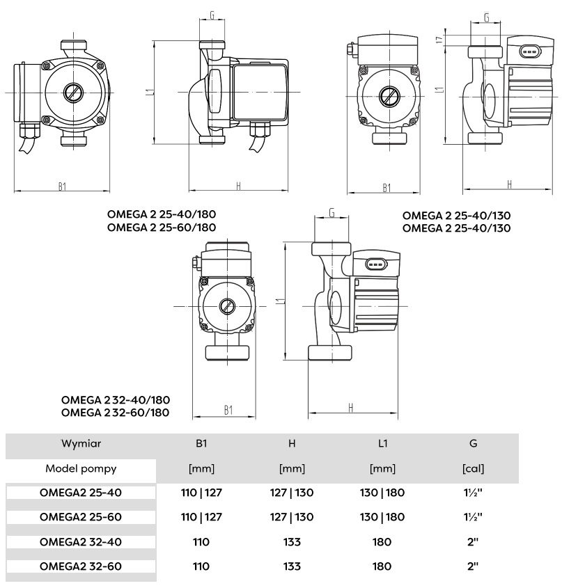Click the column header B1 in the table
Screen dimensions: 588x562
[x=201, y=443]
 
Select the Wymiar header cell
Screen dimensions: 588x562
[x=81, y=443]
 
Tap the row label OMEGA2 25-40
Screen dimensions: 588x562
[x=81, y=493]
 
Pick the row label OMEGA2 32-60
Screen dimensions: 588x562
[x=81, y=566]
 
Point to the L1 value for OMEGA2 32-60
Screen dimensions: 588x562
[x=383, y=566]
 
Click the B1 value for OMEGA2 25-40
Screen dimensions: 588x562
[x=201, y=493]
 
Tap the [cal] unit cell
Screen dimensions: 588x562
[x=474, y=468]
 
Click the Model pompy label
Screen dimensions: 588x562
[x=81, y=468]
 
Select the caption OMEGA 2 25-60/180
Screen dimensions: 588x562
[x=162, y=228]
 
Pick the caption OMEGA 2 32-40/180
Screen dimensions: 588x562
[x=116, y=400]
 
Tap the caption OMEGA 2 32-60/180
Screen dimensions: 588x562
[x=116, y=413]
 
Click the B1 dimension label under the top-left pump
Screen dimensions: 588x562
[x=62, y=186]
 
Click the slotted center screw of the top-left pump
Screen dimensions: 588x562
[x=72, y=93]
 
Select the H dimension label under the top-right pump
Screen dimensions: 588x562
[x=510, y=184]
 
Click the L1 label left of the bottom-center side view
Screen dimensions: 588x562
[x=279, y=301]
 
